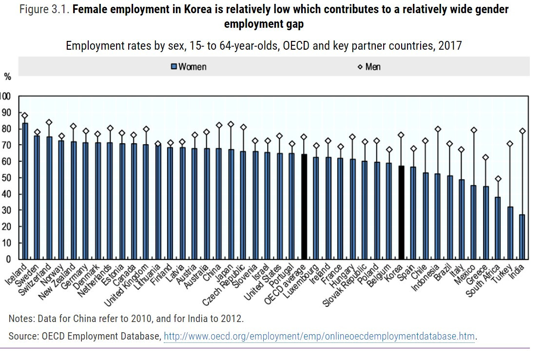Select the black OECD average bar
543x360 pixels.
[304, 207]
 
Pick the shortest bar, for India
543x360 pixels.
[522, 237]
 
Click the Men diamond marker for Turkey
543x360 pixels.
[510, 144]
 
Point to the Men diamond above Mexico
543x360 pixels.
[473, 130]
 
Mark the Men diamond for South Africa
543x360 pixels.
[498, 179]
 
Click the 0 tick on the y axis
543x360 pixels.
[7, 259]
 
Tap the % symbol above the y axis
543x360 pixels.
[7, 76]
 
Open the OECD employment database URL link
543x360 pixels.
[319, 336]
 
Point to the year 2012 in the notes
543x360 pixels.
[231, 319]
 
